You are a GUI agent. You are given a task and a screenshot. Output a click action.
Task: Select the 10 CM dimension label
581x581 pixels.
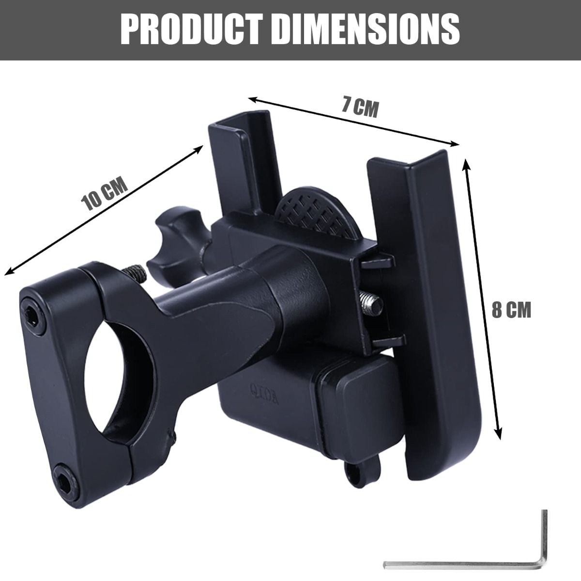[x=105, y=193]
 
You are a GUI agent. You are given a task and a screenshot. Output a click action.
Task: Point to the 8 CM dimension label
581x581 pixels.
[x=511, y=310]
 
